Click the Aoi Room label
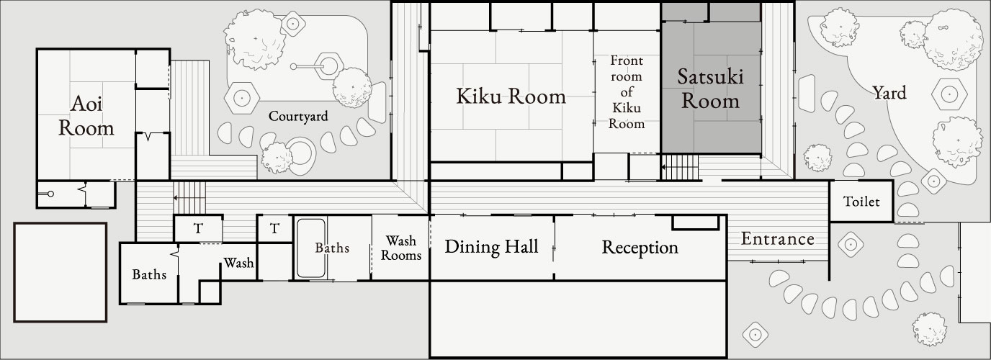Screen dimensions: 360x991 86,117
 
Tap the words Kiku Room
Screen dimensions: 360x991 511,96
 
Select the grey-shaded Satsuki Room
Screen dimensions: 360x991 711,89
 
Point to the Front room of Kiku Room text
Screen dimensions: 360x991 626,91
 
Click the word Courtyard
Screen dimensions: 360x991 298,116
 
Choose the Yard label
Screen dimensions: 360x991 889,93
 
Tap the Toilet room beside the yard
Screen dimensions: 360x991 861,202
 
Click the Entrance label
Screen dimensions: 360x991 778,239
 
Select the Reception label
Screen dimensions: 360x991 640,248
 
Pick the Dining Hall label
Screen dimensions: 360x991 491,247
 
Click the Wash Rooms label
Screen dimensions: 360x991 401,248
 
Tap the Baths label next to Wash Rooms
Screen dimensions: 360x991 332,248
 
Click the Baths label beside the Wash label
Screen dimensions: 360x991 149,274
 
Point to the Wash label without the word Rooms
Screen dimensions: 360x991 238,263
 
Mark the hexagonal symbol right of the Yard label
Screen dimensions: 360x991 949,94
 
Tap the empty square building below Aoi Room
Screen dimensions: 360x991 60,272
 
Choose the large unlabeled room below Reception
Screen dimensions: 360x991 577,318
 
